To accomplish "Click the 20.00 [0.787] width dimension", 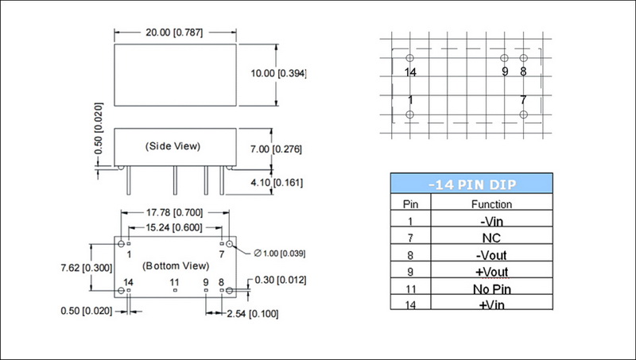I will (176, 33).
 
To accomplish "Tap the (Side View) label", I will (173, 146).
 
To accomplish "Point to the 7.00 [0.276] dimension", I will (277, 149).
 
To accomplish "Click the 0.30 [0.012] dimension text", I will (279, 280).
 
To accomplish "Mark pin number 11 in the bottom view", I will (174, 282).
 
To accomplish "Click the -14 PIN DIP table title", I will (471, 184).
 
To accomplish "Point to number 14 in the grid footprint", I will (410, 72).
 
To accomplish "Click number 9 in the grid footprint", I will (505, 72).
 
